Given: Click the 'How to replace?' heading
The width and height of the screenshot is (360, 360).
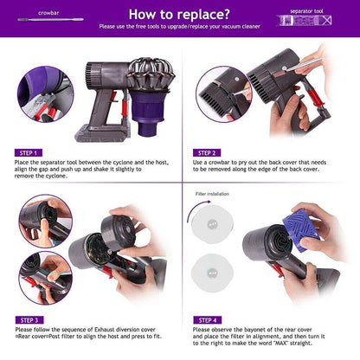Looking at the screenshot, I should (179, 14).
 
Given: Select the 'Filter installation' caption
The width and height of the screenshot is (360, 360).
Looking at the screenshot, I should (213, 196).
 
